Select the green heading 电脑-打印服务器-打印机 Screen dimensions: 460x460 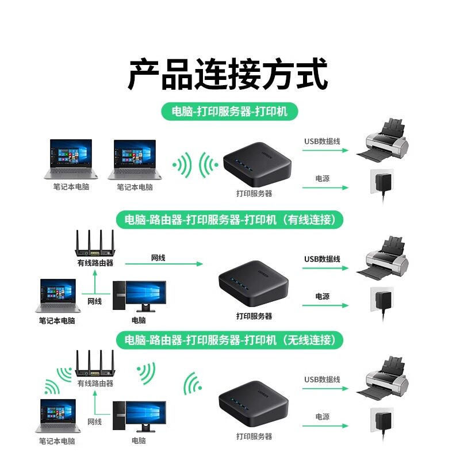click(x=229, y=111)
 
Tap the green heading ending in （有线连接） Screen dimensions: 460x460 click(x=229, y=219)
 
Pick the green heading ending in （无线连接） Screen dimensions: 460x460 click(x=229, y=339)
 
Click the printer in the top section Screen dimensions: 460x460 click(x=387, y=141)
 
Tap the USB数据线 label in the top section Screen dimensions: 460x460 click(x=322, y=141)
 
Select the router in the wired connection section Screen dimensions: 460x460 click(x=95, y=246)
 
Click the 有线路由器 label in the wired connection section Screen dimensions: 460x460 click(x=95, y=263)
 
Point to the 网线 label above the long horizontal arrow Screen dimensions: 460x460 click(x=158, y=258)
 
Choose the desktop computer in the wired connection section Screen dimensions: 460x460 click(x=139, y=297)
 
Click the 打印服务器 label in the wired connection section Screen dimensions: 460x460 click(x=254, y=316)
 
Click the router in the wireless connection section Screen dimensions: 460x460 click(x=95, y=366)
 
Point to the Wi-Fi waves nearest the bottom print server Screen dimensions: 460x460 click(x=191, y=384)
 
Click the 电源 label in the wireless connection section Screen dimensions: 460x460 click(x=322, y=416)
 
